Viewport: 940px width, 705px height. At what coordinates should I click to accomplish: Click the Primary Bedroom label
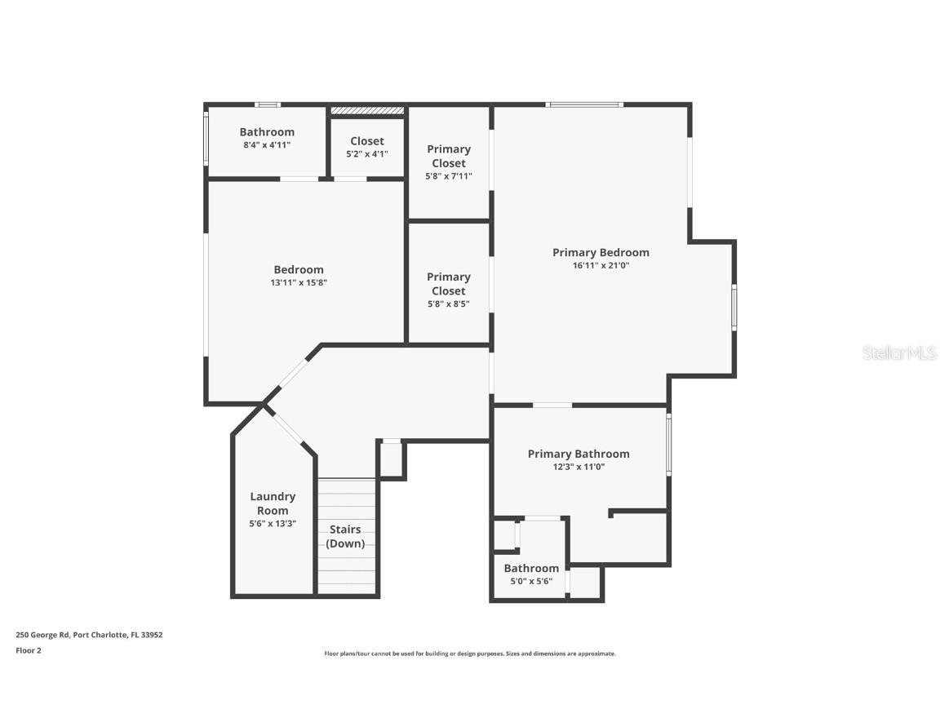coord(601,252)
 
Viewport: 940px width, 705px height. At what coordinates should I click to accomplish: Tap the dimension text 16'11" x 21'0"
coord(601,265)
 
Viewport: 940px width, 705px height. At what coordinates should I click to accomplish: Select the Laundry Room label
coord(273,503)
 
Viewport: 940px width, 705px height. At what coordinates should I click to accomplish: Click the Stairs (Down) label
coord(345,536)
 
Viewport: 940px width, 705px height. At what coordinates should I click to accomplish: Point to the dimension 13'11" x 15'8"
coord(299,282)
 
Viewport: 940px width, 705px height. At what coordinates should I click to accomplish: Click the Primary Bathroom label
coord(579,454)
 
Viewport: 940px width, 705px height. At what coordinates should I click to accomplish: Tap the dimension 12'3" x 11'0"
coord(579,467)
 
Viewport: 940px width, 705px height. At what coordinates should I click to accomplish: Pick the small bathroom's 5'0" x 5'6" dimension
coord(531,581)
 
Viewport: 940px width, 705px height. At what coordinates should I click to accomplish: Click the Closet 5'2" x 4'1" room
coord(367,147)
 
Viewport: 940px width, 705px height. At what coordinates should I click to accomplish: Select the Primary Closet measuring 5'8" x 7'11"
coord(449,162)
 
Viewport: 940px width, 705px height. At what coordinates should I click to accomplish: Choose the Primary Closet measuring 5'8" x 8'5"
coord(449,290)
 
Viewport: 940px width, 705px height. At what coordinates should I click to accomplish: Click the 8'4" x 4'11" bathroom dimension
coord(267,144)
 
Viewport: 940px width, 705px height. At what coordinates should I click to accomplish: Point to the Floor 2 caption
coord(28,650)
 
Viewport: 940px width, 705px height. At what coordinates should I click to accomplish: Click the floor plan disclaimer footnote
coord(470,654)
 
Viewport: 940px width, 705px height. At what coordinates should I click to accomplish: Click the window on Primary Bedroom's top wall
coord(584,104)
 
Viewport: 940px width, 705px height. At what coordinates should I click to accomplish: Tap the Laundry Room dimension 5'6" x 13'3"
coord(273,524)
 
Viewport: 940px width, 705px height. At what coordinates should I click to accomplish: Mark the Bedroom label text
coord(299,269)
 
